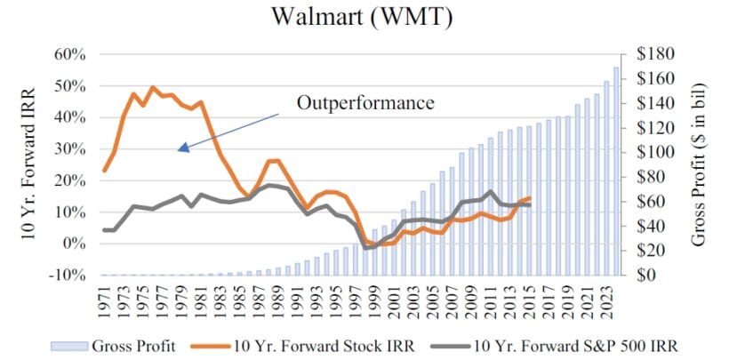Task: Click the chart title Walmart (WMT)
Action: [x=364, y=17]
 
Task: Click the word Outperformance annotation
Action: [x=365, y=102]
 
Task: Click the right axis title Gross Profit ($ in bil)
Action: [x=700, y=164]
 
